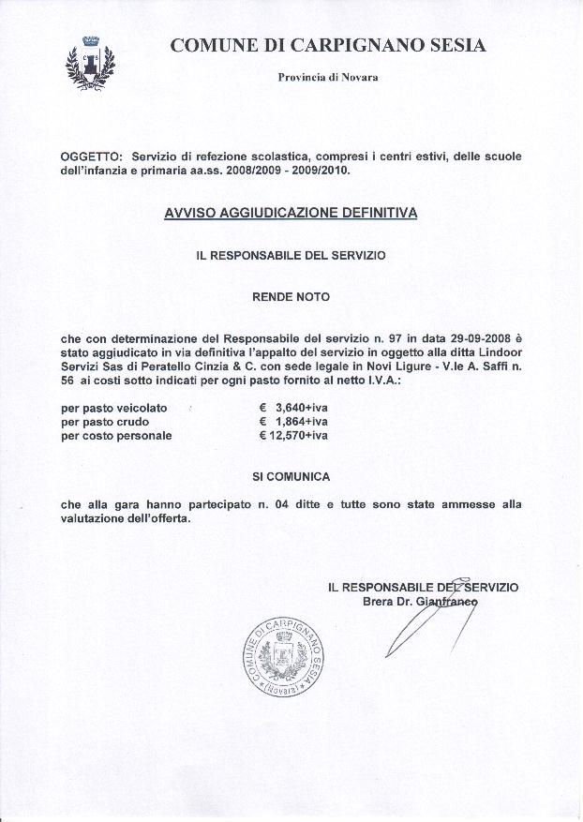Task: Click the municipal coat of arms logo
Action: pyautogui.click(x=91, y=63)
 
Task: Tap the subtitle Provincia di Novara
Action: pyautogui.click(x=328, y=77)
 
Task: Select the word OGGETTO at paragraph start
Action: pyautogui.click(x=91, y=156)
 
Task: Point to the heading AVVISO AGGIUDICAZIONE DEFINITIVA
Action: pyautogui.click(x=291, y=213)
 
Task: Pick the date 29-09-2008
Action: pyautogui.click(x=477, y=336)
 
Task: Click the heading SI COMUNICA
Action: pyautogui.click(x=291, y=476)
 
